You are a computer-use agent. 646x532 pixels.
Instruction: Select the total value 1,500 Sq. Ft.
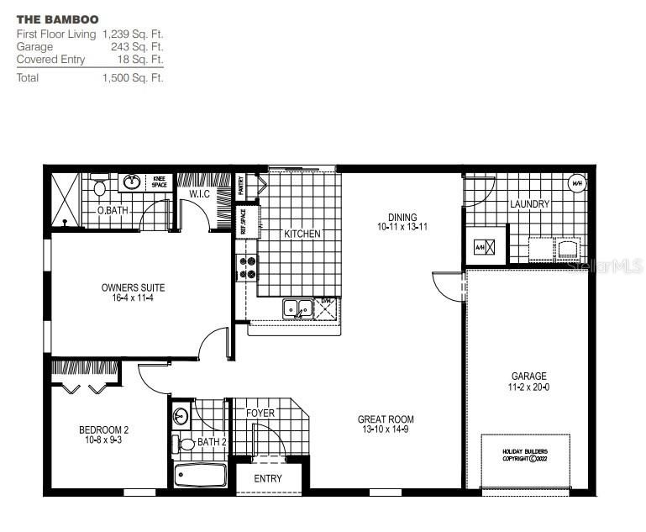pos(133,77)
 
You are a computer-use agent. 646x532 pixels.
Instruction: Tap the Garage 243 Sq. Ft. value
pos(137,47)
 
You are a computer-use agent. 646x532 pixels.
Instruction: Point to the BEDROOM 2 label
pos(103,429)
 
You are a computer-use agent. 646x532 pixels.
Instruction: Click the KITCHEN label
pos(302,234)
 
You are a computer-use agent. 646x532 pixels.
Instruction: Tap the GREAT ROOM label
pos(386,419)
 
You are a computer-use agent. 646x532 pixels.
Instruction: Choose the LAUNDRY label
pos(529,204)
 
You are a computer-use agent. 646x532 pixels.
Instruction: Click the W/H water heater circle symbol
pos(576,183)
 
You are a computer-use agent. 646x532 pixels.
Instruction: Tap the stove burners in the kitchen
pos(249,267)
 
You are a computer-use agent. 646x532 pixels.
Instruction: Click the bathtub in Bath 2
pos(200,477)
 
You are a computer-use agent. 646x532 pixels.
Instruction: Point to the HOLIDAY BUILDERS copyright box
pos(525,454)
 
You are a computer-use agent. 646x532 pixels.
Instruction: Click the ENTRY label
pos(268,478)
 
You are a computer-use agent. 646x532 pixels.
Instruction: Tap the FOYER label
pos(260,413)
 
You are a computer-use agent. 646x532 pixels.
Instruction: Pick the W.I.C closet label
pos(199,195)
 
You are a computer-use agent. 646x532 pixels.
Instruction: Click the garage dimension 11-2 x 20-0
pos(529,387)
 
